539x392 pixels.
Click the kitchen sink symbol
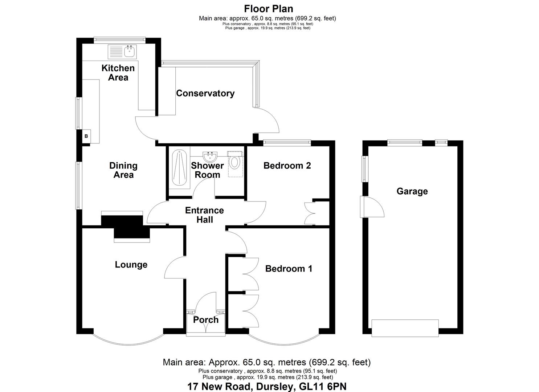click(x=122, y=52)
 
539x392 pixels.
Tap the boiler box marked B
click(x=86, y=136)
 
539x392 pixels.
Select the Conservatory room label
click(x=205, y=93)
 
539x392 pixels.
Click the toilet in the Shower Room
click(x=234, y=162)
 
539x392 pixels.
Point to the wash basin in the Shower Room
click(x=211, y=157)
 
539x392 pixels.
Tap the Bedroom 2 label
click(x=287, y=166)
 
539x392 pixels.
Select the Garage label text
click(x=412, y=191)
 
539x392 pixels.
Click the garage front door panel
click(x=405, y=328)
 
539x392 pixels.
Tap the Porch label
click(x=205, y=320)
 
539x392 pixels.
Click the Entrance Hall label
click(x=204, y=215)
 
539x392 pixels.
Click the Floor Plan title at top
click(x=268, y=8)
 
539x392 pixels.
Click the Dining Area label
click(x=123, y=170)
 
